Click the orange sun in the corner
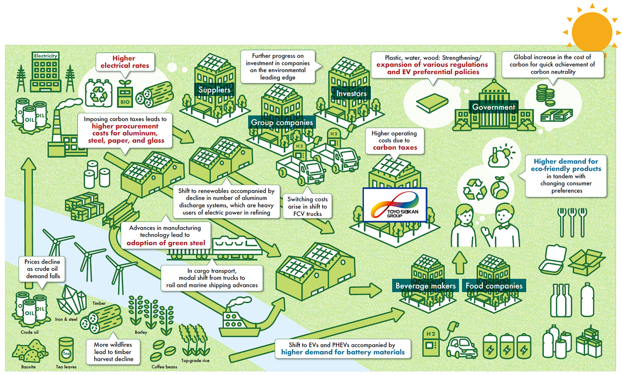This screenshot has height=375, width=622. pos(592,32)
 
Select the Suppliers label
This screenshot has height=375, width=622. pos(214,90)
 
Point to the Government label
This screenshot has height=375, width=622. pos(493,107)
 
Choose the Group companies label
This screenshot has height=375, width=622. pos(282,122)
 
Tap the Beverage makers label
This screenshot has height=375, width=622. pos(425,286)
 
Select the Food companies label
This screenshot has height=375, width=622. pos(494,286)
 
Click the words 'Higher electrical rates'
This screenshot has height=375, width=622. pos(124,62)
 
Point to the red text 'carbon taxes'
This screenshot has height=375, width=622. pos(395,147)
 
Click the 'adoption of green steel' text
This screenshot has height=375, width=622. pos(165,243)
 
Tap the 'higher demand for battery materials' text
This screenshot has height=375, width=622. pos(343,352)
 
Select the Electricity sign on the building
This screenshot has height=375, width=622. pos(46,56)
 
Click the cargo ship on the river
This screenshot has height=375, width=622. pos(238,321)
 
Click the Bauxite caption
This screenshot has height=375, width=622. pos(28,367)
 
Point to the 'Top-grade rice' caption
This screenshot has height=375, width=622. pos(195,360)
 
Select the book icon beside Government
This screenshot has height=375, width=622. pos(432,102)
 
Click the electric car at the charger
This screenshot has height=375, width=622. pos(462,347)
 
